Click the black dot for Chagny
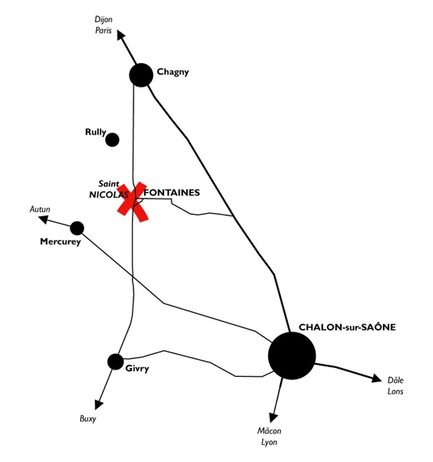point(141,75)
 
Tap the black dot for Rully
point(112,139)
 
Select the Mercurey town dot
point(77,229)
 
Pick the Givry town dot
point(116,361)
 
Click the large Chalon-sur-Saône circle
point(292,356)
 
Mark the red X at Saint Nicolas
point(133,202)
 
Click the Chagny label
point(172,72)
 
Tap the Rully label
point(96,132)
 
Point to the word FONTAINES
point(172,192)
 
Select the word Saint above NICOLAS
point(108,184)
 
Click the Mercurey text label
point(61,242)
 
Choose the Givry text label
point(137,369)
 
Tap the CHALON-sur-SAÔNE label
point(347,327)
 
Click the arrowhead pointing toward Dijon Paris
point(121,34)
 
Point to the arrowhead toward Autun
point(44,219)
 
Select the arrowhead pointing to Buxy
point(99,404)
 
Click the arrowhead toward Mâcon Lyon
point(274,417)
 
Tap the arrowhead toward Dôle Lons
point(376,378)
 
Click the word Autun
point(40,209)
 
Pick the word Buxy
point(87,419)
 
